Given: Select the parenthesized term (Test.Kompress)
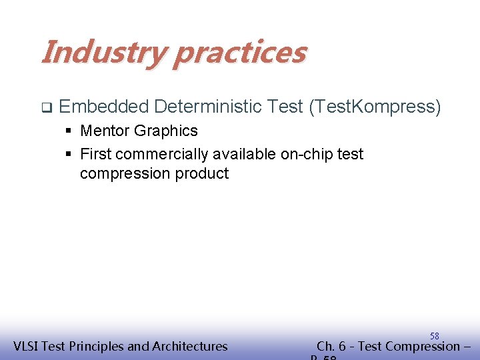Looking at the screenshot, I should click(x=374, y=107).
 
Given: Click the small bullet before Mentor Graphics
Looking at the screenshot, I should click(x=69, y=131).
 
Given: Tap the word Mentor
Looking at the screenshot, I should click(x=105, y=131).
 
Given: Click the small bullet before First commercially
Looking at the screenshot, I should click(x=69, y=155).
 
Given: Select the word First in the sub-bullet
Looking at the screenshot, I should click(x=95, y=154).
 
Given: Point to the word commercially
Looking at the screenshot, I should click(x=161, y=155).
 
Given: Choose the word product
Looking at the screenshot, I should click(x=201, y=174).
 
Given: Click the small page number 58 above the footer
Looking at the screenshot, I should click(x=434, y=336).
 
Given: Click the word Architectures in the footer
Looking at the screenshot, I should click(x=190, y=346).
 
